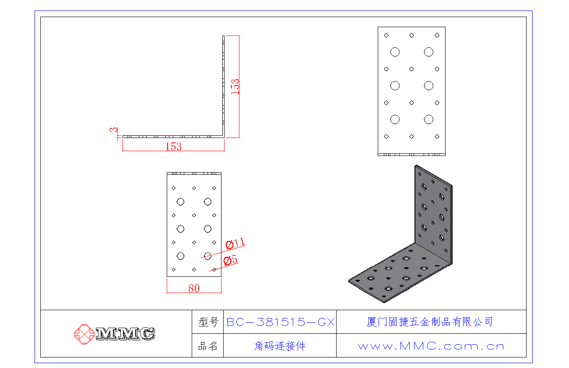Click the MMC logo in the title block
point(115,334)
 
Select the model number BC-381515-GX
point(280,322)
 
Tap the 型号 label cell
point(208,322)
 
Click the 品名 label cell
point(208,346)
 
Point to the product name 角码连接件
point(280,346)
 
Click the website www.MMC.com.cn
point(431,346)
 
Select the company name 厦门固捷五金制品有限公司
point(429,322)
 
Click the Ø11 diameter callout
point(235,244)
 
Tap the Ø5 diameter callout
point(230,261)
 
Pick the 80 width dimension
point(194,288)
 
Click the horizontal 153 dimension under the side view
point(173,147)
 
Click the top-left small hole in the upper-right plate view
point(386,35)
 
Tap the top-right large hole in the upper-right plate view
point(429,52)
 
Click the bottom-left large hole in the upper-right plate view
point(395,119)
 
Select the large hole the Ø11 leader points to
point(207,256)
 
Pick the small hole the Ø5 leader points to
point(214,269)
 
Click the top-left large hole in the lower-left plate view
point(180,202)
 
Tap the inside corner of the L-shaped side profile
point(222,136)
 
